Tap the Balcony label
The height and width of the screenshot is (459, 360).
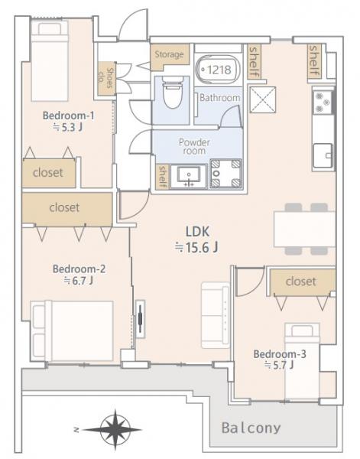(x=251, y=428)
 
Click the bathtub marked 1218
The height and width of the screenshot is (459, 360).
(x=218, y=70)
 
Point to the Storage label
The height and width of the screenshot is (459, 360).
(x=169, y=54)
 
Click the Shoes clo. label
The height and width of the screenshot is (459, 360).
(x=106, y=78)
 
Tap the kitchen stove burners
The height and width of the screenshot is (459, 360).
(x=323, y=103)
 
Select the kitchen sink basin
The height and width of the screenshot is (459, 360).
(x=323, y=155)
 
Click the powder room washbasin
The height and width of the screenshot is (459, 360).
(x=189, y=176)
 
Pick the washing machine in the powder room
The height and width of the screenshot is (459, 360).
(x=225, y=174)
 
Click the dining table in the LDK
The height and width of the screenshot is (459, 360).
(x=304, y=229)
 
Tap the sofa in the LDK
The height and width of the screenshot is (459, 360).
(x=216, y=315)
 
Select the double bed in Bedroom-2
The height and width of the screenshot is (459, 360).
(x=72, y=331)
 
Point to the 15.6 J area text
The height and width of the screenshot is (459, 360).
(x=196, y=248)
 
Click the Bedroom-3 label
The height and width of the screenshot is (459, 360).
(x=280, y=354)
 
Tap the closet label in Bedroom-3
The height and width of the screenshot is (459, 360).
(x=301, y=282)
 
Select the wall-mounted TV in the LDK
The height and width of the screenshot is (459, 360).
(x=141, y=319)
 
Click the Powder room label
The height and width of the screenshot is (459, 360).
(x=194, y=147)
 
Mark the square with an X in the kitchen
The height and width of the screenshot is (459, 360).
(x=263, y=99)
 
